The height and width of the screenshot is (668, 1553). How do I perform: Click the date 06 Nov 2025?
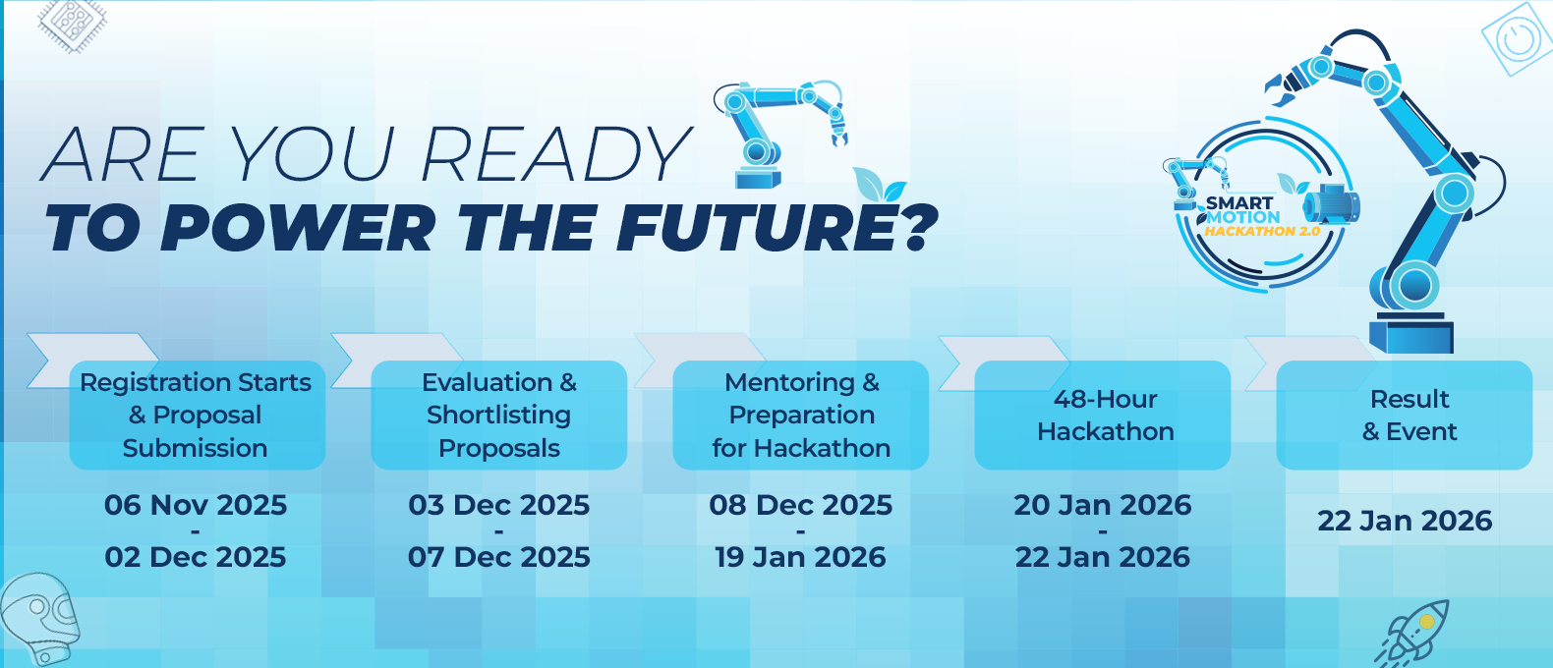click(x=196, y=505)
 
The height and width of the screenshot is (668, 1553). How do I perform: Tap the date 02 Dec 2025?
click(x=196, y=557)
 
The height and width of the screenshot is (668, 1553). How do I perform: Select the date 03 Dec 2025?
click(x=499, y=505)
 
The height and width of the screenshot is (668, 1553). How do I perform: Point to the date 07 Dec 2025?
click(x=499, y=557)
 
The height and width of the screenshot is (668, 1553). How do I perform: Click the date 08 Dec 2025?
click(x=801, y=505)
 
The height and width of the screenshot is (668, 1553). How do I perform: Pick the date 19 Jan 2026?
click(x=801, y=557)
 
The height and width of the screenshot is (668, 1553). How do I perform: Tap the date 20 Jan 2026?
click(x=1103, y=505)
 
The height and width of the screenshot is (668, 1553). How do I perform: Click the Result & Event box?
click(x=1404, y=416)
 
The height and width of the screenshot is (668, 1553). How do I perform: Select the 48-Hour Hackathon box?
click(x=1103, y=416)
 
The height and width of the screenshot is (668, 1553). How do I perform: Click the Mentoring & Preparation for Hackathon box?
click(x=801, y=416)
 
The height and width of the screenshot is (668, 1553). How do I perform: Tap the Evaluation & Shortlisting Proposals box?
click(x=499, y=416)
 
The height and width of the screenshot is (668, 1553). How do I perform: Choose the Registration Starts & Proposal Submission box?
click(x=197, y=416)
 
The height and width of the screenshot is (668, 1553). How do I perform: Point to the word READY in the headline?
click(x=554, y=154)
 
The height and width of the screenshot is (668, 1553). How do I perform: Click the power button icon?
click(x=1517, y=38)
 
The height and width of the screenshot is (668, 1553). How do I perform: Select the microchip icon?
click(x=72, y=25)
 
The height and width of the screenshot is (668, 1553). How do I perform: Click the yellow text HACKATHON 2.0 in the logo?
click(x=1262, y=232)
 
